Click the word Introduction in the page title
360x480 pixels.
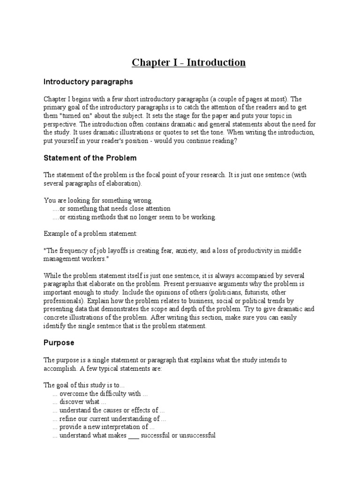click(x=216, y=62)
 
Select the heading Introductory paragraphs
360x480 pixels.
click(x=88, y=82)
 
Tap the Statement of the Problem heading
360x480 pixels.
click(x=90, y=157)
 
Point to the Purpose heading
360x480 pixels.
click(x=59, y=343)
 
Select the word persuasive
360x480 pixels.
click(x=199, y=284)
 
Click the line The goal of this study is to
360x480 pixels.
click(x=84, y=385)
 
